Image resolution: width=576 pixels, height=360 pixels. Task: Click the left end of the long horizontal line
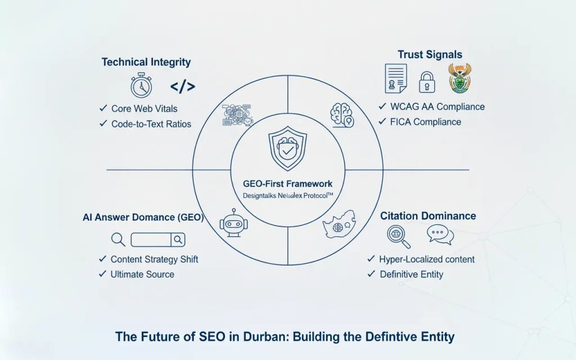[x=107, y=170]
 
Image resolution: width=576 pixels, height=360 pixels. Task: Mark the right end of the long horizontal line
[x=469, y=170]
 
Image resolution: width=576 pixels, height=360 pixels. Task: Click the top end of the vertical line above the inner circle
[x=287, y=75]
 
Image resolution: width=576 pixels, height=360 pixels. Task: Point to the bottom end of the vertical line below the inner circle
[x=287, y=264]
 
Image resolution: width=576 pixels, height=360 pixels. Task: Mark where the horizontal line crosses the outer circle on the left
[x=193, y=170]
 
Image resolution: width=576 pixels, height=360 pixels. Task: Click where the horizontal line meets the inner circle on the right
[x=345, y=170]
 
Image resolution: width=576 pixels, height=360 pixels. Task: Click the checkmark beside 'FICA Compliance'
[x=382, y=121]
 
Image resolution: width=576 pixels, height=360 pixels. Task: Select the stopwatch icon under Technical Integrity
[x=141, y=85]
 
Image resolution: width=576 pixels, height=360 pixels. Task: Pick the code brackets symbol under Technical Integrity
[x=183, y=87]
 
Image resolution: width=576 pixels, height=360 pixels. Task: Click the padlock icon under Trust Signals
[x=427, y=82]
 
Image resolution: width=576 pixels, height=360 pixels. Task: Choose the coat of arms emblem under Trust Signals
[x=460, y=78]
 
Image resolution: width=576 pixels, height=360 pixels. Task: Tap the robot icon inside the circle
[x=233, y=223]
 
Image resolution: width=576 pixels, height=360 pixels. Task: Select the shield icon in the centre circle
[x=287, y=148]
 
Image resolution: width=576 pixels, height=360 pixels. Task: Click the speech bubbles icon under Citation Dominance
[x=440, y=235]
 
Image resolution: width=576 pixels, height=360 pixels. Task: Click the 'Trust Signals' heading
[x=430, y=55]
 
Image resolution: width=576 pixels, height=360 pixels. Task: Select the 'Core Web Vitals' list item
[x=145, y=109]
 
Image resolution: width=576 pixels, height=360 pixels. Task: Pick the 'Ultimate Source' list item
[x=142, y=274]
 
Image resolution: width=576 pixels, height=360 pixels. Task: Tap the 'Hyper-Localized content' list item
[x=427, y=259]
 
